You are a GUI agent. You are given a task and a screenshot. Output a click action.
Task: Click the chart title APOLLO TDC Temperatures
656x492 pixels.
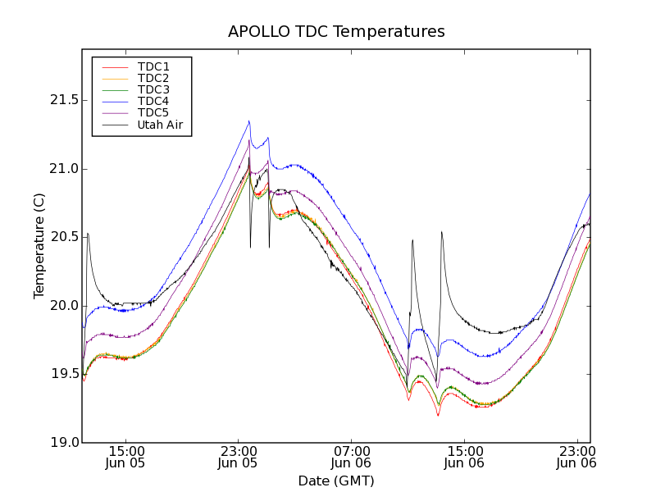[336, 32]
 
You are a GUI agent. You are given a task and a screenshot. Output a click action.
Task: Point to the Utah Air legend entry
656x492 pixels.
[160, 125]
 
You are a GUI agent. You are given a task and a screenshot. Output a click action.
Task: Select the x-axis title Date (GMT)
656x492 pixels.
[336, 481]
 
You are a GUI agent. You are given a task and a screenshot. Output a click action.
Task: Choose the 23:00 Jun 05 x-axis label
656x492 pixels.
[238, 457]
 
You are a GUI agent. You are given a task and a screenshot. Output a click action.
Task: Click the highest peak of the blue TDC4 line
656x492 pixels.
[248, 121]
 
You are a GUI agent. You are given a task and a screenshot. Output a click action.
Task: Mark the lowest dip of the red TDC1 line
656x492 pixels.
[438, 416]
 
